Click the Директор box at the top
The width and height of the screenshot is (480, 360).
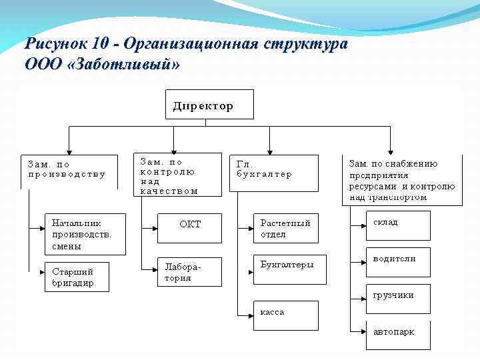[209, 104]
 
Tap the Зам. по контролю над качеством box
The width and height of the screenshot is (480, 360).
[178, 175]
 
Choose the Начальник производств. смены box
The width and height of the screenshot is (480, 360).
[84, 234]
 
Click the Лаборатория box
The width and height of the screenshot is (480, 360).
[189, 272]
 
